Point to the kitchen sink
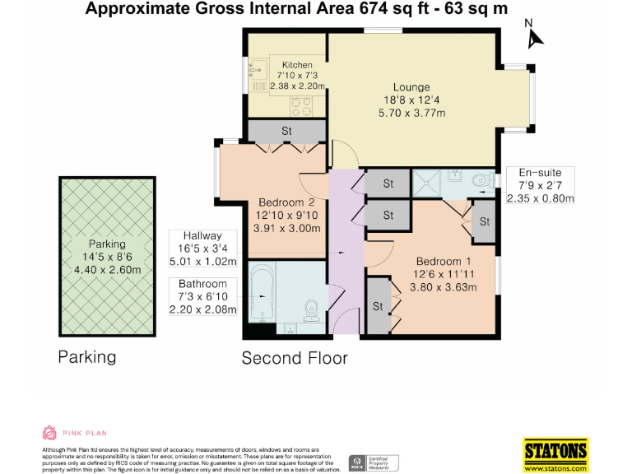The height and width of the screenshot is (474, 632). [258, 71]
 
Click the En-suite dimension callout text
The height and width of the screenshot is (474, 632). [540, 185]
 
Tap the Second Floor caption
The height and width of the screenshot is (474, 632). [294, 358]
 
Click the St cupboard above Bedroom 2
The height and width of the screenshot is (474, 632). [286, 131]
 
